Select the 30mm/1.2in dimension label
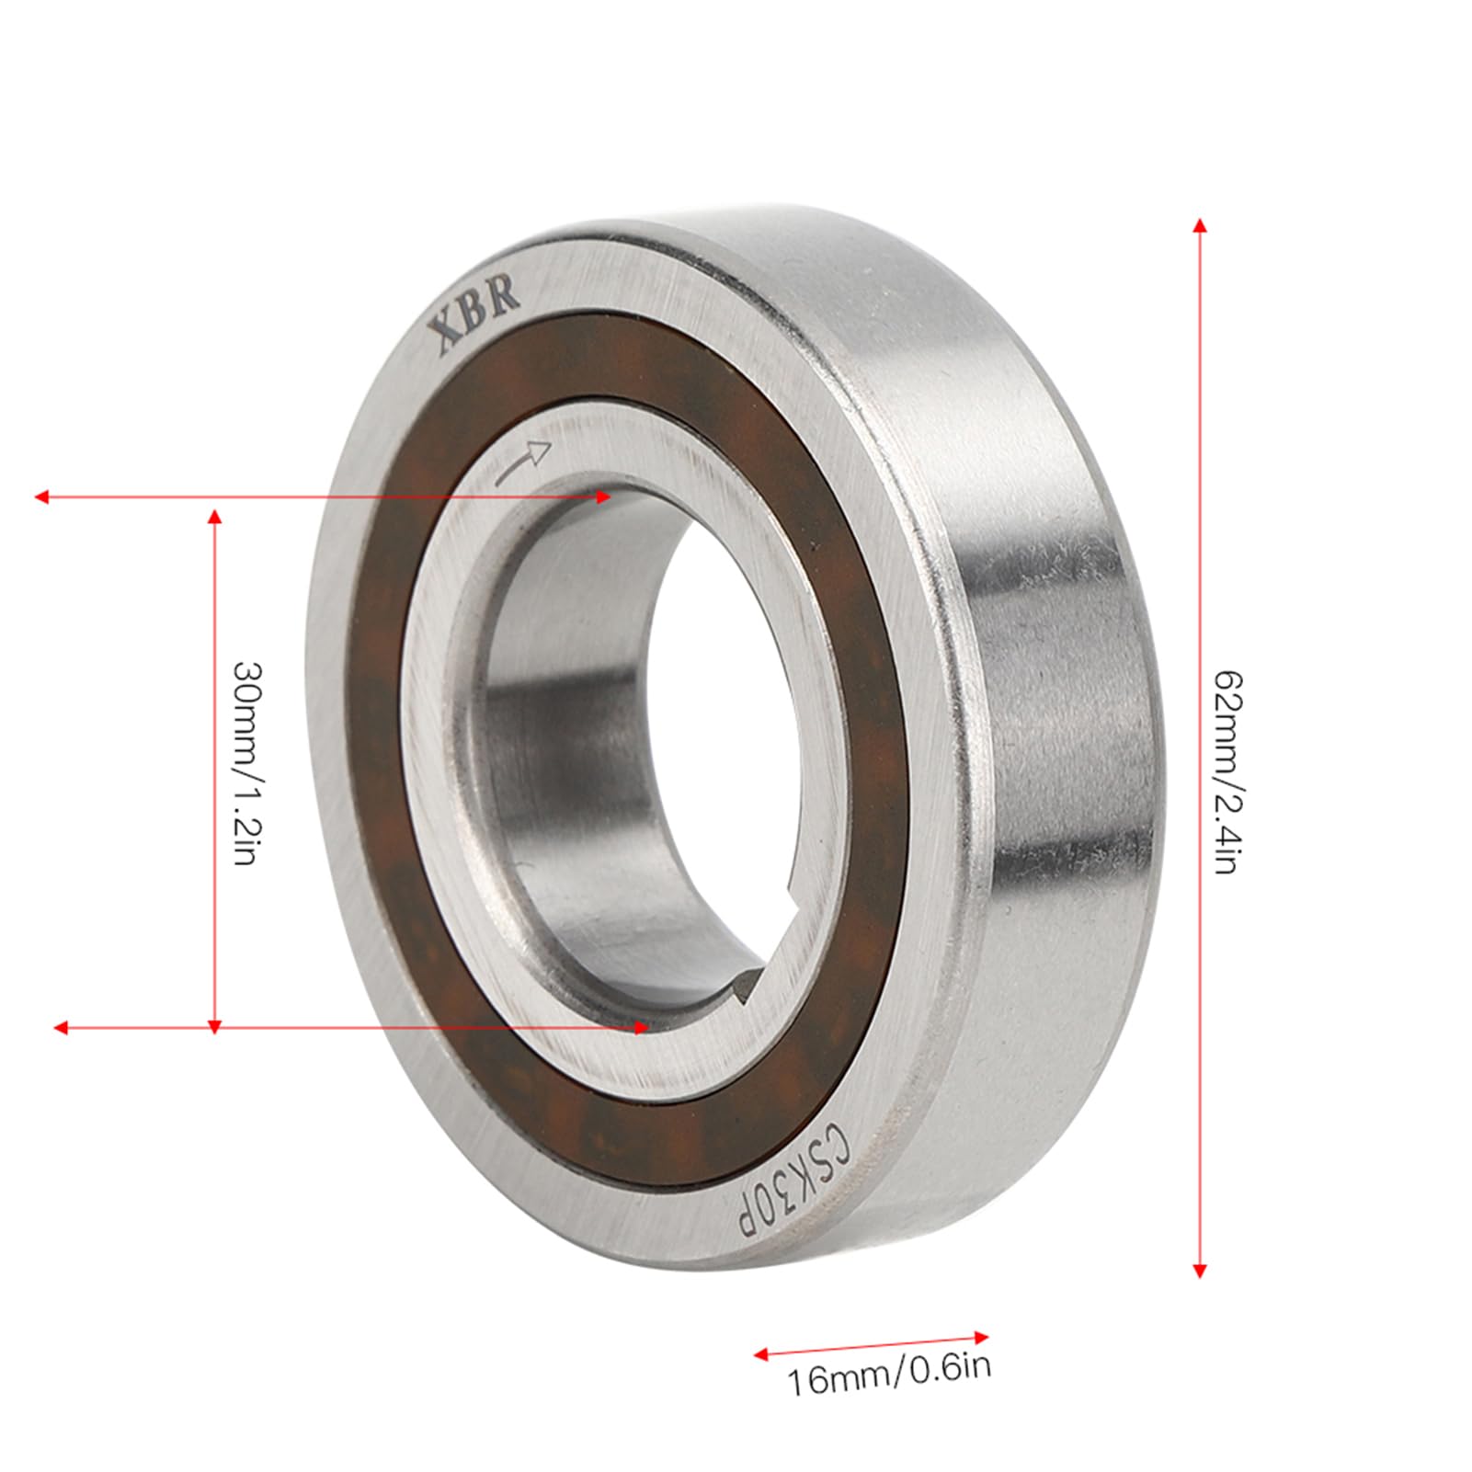pyautogui.click(x=247, y=763)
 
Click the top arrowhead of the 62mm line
pyautogui.click(x=1198, y=226)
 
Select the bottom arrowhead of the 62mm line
pyautogui.click(x=1198, y=1270)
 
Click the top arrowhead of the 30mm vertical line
pyautogui.click(x=215, y=518)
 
